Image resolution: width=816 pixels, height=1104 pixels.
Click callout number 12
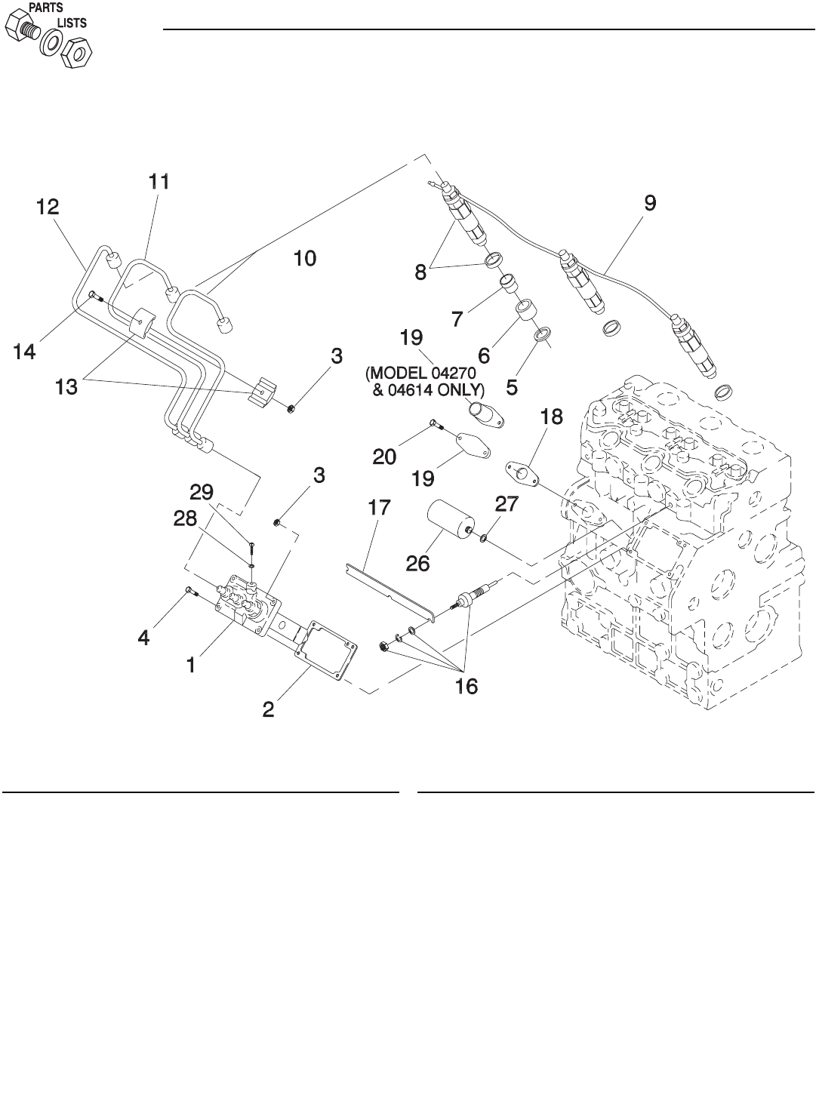[x=48, y=207]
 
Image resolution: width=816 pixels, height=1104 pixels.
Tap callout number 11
[x=159, y=182]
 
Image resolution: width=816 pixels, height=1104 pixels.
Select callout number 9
[x=650, y=203]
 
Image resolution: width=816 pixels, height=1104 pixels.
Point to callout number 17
[x=379, y=508]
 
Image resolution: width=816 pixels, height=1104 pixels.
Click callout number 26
[x=417, y=564]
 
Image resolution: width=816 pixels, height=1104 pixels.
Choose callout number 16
[x=467, y=687]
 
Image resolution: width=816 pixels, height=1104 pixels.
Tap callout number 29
[x=202, y=492]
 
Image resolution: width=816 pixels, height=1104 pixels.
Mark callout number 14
[x=24, y=352]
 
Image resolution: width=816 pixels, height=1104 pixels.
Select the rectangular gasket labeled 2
[x=326, y=650]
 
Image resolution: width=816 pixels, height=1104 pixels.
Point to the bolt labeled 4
[x=192, y=592]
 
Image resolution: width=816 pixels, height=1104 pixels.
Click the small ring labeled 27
[x=483, y=538]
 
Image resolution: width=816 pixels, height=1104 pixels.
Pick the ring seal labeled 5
[x=543, y=335]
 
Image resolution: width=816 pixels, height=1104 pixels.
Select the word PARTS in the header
[x=46, y=8]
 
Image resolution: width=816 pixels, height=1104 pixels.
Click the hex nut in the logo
[x=77, y=53]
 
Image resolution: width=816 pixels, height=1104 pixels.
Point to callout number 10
[x=305, y=258]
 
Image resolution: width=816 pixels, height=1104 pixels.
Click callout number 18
[x=551, y=417]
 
